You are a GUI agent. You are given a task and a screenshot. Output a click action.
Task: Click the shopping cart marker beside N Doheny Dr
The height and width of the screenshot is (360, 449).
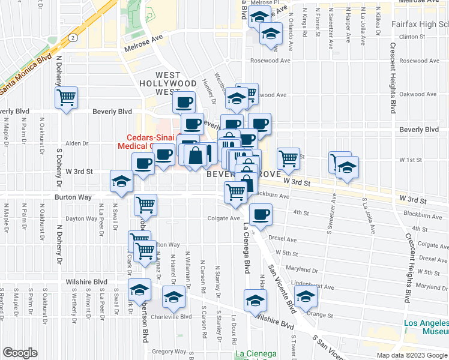pos(66,97)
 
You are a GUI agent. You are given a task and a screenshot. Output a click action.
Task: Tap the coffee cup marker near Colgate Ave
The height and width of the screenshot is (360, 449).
pos(260,214)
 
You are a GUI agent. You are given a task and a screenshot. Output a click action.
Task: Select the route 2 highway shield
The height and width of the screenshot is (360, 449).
pos(72,37)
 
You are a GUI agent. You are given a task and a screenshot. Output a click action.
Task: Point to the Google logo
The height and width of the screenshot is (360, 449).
pos(20,353)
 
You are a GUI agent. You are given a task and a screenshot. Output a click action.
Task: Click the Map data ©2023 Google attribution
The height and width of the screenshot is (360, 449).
pos(412,355)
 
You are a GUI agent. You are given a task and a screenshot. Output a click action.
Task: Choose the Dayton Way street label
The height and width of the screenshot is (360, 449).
pos(81,219)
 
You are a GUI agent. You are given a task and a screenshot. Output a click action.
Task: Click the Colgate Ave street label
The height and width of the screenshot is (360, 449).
pos(224,218)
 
